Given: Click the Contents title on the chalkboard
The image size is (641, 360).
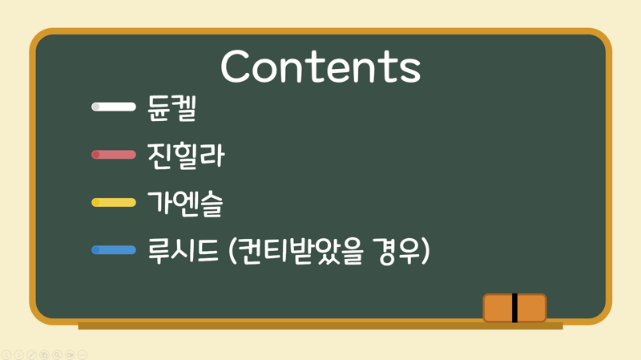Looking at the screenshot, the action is pos(320,67).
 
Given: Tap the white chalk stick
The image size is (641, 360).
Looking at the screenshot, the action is pos(114,107).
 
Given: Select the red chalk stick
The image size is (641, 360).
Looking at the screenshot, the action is pos(114,155).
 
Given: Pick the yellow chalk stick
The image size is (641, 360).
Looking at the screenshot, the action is pos(114,203).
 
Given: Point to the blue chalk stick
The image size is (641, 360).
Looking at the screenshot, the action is pos(114,250).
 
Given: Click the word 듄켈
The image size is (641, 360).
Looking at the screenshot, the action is pos(172,108).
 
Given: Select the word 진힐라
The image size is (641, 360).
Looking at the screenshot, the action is pos(186,156).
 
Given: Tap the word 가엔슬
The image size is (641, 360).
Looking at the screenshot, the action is pos(185,204).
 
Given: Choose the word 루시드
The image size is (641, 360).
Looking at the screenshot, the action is pos(183,250).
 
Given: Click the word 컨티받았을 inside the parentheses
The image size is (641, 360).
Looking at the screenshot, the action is pos(300,250).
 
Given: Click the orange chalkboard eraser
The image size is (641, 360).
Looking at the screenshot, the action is pos(514,308).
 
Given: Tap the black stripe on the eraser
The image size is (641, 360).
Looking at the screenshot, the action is pos(514,308).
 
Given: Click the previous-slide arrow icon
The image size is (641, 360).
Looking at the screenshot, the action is pos(6,354).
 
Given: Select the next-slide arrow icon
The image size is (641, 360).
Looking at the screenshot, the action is pos(18,354).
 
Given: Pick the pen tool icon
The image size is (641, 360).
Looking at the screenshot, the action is pos(31,354).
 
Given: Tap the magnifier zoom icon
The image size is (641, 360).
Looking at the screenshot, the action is pos(57,354).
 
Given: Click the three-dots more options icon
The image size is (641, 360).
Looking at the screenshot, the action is pos(83,354).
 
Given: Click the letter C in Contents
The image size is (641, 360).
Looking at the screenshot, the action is pos(235,67).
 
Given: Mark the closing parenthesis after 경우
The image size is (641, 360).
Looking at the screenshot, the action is pos(425,251).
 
